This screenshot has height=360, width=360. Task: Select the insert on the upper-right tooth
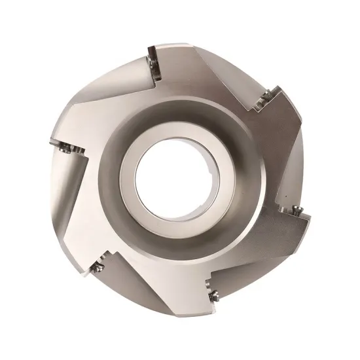coord(266,99)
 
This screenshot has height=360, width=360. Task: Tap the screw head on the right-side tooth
coord(298,210)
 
